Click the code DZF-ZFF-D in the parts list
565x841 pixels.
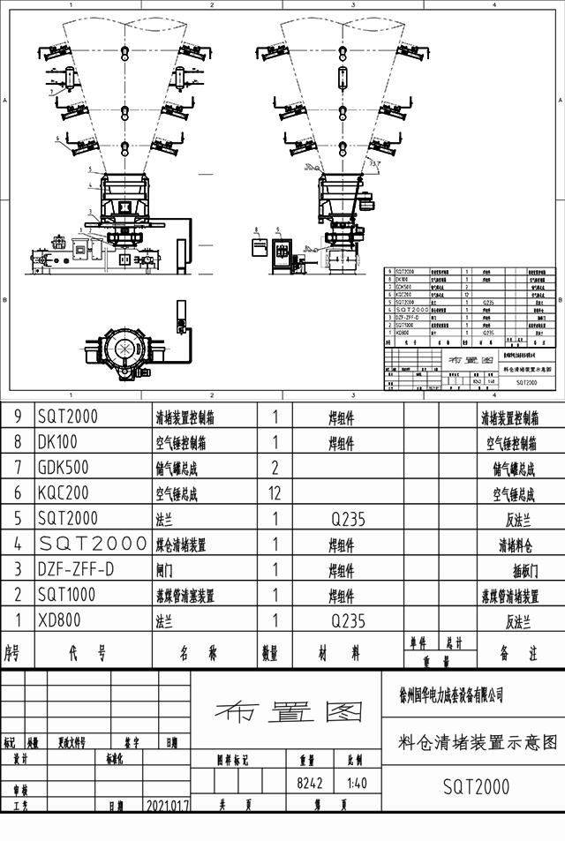[x=76, y=570]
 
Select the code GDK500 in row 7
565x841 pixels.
[x=63, y=467]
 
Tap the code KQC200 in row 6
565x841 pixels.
[x=64, y=492]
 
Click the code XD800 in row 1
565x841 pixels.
[x=59, y=621]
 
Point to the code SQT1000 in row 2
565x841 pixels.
[x=67, y=596]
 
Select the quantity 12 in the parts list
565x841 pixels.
[x=275, y=492]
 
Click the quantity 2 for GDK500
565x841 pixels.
[x=275, y=467]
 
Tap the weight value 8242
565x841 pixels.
[x=310, y=783]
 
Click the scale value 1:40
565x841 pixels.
[x=358, y=783]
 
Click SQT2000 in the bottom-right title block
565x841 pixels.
[x=476, y=786]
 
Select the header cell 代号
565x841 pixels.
[x=87, y=654]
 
